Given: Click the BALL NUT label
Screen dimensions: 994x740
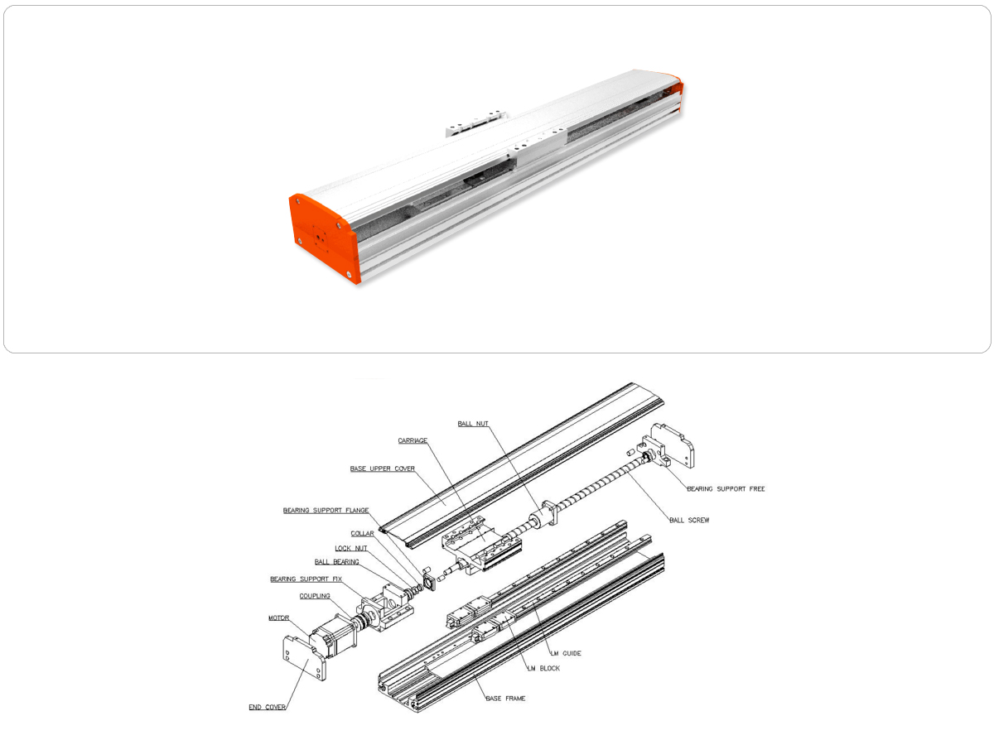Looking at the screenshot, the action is click(x=473, y=423).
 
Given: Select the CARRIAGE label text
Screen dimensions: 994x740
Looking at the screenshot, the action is click(x=413, y=440).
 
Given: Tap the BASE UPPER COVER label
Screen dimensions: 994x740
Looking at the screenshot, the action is click(x=382, y=469).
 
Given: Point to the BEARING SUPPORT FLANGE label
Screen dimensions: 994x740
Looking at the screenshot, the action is click(x=326, y=510).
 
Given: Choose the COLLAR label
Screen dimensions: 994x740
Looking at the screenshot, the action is click(x=362, y=534).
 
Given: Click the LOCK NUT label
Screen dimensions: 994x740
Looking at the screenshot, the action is click(x=351, y=548).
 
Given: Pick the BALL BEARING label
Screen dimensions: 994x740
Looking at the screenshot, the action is click(x=336, y=562).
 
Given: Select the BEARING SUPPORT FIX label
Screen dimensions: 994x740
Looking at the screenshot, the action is click(x=306, y=579).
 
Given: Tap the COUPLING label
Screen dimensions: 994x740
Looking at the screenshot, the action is click(x=315, y=596).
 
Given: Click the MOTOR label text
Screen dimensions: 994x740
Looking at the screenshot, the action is click(x=279, y=618).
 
